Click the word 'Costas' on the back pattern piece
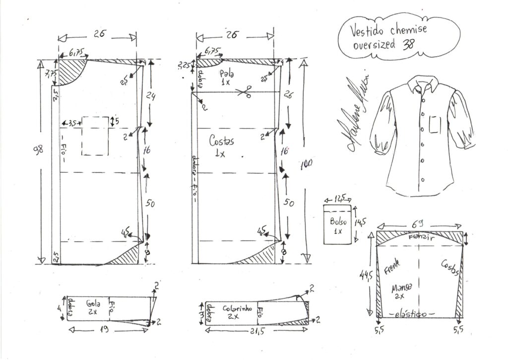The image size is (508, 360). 222,142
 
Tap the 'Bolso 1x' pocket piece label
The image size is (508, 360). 338,226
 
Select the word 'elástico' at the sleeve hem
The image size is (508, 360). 409,314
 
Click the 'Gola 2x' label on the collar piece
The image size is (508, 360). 93,307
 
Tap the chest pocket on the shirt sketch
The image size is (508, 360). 435,124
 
